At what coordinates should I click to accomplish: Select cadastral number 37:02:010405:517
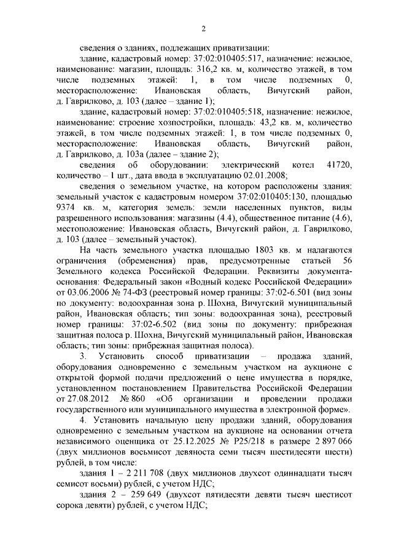click(212, 59)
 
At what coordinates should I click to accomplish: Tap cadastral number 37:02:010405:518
click(212, 111)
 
